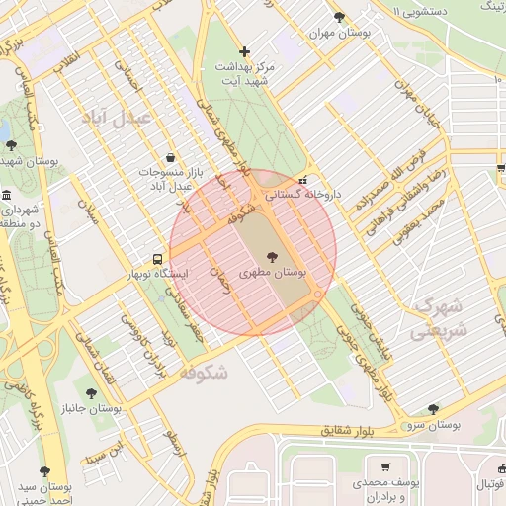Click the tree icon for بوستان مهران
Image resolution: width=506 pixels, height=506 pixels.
(340, 18)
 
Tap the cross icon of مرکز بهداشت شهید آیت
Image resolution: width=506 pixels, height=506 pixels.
(246, 51)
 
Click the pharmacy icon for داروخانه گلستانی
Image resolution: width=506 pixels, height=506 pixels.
(302, 181)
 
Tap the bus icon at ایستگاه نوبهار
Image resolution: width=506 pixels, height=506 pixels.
(158, 259)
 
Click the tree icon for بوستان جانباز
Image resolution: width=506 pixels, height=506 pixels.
(91, 393)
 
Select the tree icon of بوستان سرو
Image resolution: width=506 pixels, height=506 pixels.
(433, 409)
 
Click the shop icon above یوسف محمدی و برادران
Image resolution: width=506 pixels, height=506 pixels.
(384, 468)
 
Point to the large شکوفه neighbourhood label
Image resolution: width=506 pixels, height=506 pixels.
(206, 373)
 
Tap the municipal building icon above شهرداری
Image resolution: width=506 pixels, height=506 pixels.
(7, 194)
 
